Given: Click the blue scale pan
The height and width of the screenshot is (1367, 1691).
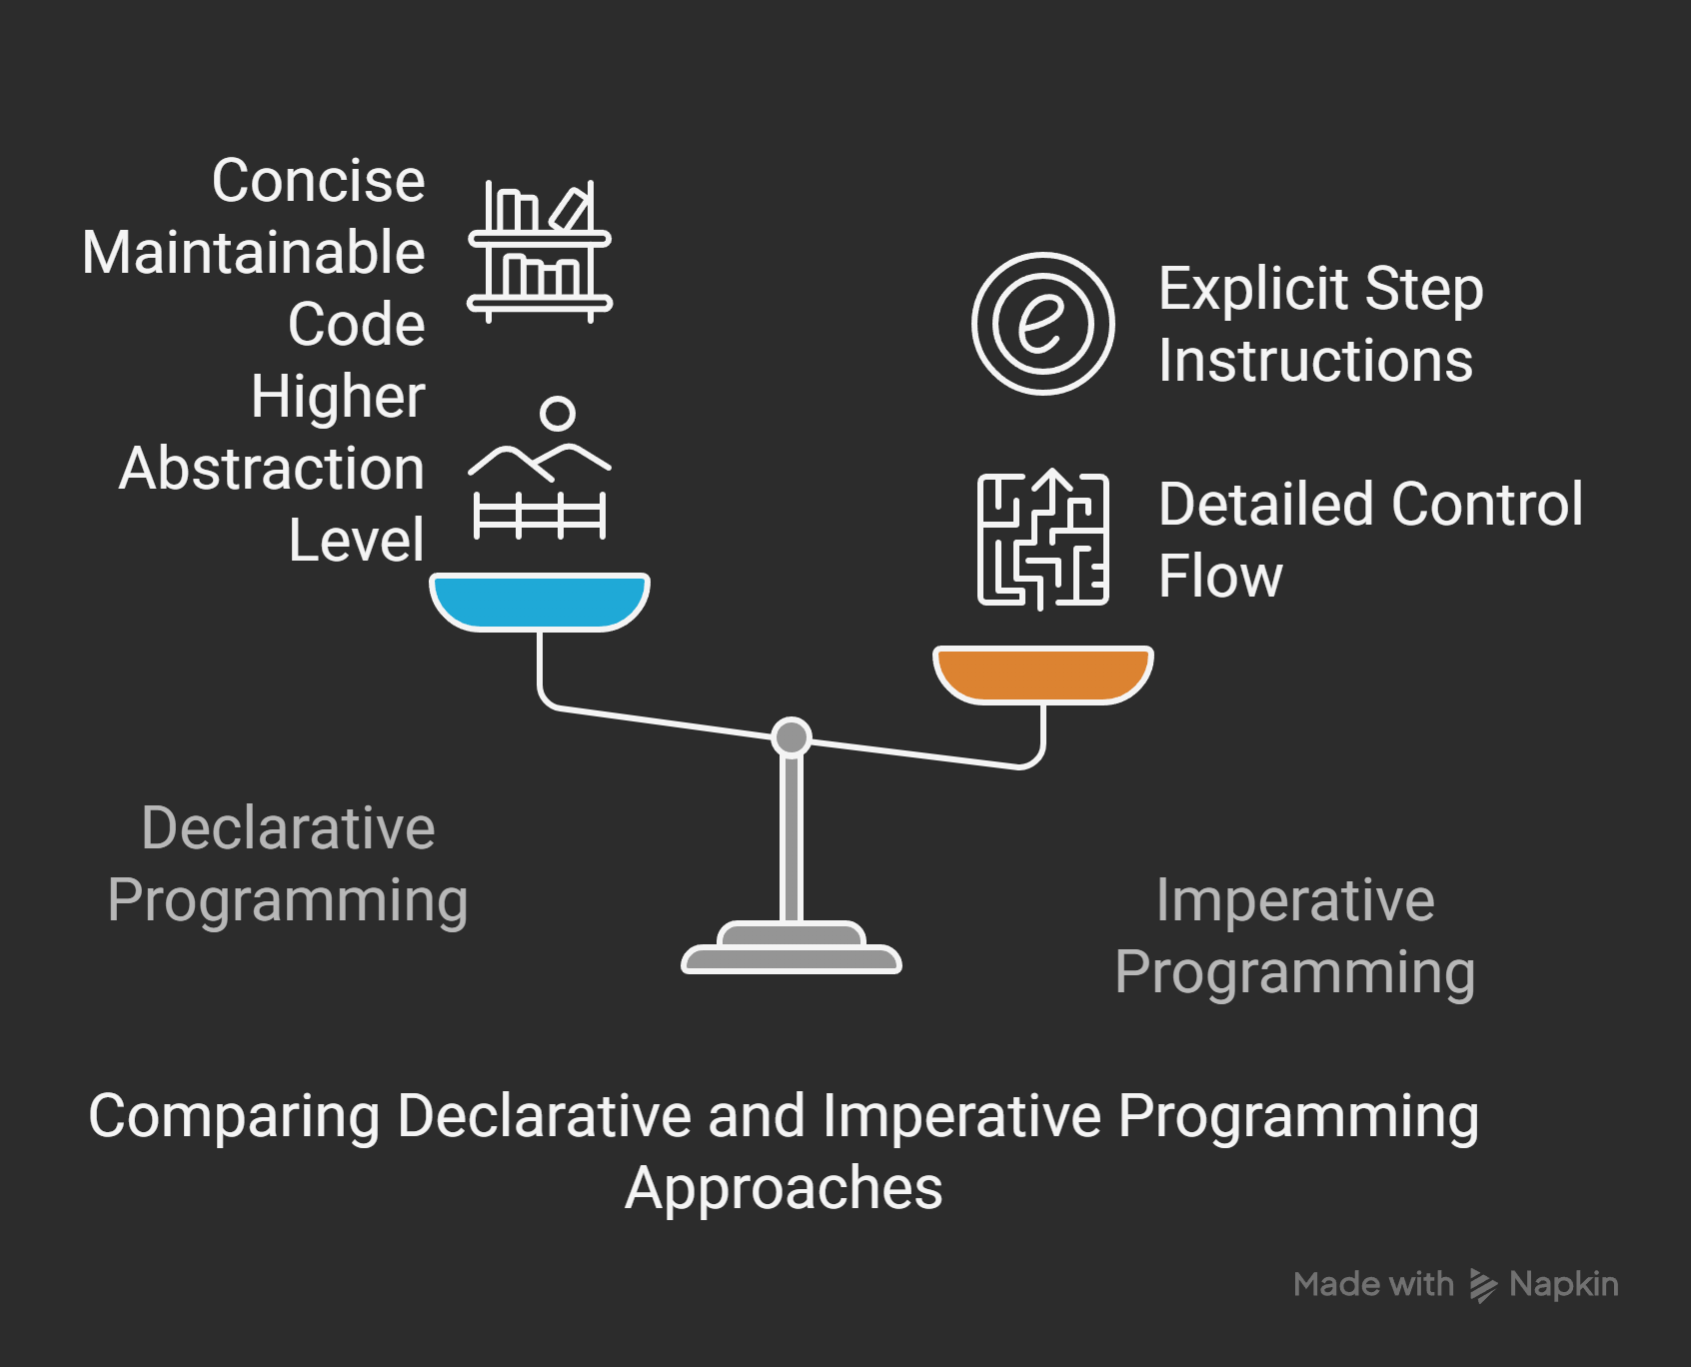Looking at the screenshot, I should pyautogui.click(x=540, y=601).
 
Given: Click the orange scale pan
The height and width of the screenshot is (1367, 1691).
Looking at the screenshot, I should pyautogui.click(x=1042, y=674).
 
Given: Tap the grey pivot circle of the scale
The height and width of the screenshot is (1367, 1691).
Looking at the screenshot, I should pyautogui.click(x=792, y=737).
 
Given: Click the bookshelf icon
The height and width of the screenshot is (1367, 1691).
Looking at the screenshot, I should pyautogui.click(x=540, y=251).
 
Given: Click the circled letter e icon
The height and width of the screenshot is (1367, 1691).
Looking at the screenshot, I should pyautogui.click(x=1042, y=323).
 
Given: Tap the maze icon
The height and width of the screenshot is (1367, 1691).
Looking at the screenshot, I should pyautogui.click(x=1042, y=540).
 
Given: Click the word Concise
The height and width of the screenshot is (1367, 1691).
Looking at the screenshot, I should pyautogui.click(x=318, y=181).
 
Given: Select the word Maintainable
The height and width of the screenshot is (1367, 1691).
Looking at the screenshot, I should pyautogui.click(x=254, y=252).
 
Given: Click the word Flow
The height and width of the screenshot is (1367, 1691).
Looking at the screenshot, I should pyautogui.click(x=1220, y=577).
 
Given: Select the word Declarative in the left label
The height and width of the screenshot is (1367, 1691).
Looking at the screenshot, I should pyautogui.click(x=288, y=827).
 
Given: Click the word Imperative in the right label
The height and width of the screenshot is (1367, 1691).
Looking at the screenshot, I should pyautogui.click(x=1295, y=899).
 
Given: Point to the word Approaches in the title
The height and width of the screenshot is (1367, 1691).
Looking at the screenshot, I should pyautogui.click(x=784, y=1188).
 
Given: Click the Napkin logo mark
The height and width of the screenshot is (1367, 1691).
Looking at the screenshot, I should pyautogui.click(x=1483, y=1285).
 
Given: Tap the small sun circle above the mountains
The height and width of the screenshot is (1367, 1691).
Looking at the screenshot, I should pyautogui.click(x=558, y=413).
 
